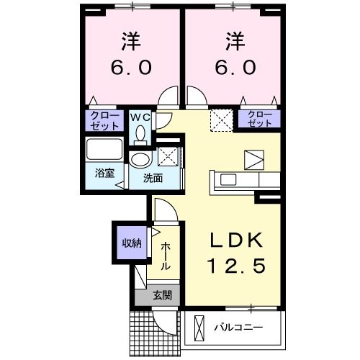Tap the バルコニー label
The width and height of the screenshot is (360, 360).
238,328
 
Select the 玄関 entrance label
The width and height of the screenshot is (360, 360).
162,294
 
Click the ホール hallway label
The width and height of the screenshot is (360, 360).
165,256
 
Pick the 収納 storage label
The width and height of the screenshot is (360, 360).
129,243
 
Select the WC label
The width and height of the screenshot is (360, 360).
140,116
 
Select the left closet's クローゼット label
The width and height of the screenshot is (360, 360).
105,119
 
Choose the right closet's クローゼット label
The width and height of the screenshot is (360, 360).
260,119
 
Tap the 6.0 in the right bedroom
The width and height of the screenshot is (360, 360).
233,68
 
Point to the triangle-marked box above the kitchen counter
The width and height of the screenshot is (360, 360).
253,158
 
